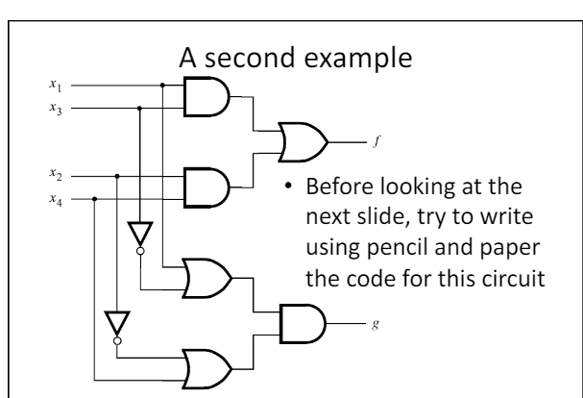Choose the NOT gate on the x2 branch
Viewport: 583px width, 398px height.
pyautogui.click(x=117, y=324)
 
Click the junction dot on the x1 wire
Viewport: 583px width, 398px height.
pyautogui.click(x=163, y=85)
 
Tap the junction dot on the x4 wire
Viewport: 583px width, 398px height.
pyautogui.click(x=94, y=199)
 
